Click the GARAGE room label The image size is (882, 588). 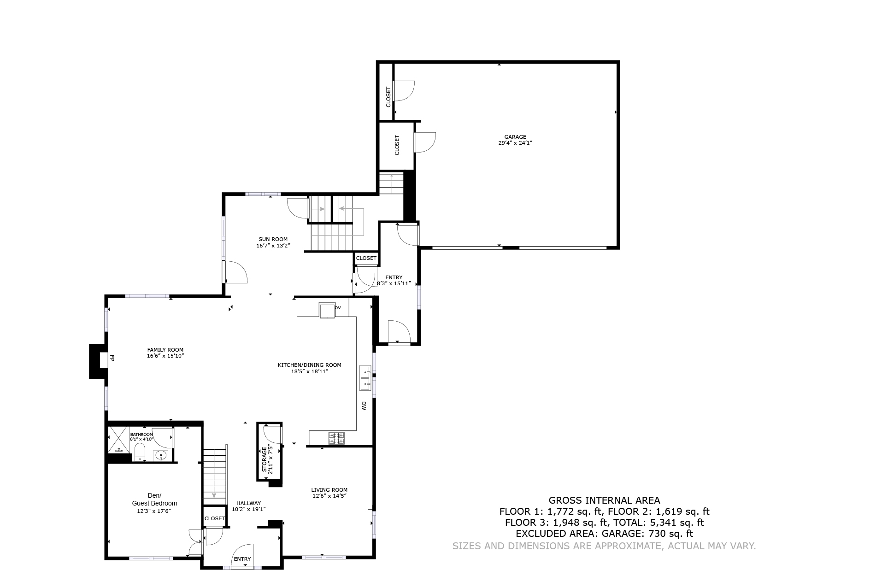coord(515,137)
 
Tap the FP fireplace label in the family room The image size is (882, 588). coord(112,358)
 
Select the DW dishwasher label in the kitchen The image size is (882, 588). coord(364,406)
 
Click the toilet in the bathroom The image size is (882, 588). coord(140,453)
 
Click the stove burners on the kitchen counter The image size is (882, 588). coord(336,438)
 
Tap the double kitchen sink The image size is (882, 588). coord(365,377)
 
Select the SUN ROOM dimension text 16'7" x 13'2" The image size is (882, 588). coord(273,246)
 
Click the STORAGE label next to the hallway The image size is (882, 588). coord(265,459)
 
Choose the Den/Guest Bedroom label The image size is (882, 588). coord(154,500)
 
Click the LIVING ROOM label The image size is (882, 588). coord(329,490)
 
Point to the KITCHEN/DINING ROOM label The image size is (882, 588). coord(309,365)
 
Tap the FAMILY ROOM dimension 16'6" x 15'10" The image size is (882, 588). coord(165,356)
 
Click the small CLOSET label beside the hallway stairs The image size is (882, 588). coord(214,518)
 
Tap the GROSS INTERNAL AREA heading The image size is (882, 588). coord(604,500)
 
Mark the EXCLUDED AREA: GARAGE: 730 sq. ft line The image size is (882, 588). coord(604,534)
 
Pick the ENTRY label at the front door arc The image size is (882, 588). coord(242,559)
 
